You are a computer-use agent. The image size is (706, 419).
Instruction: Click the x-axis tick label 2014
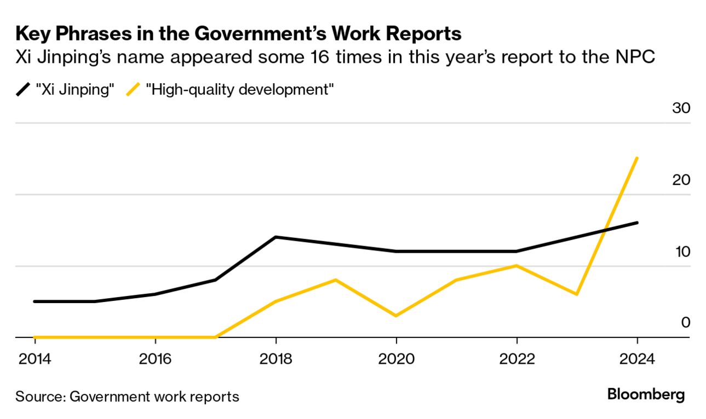click(x=35, y=359)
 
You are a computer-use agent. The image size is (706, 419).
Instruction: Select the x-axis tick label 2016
click(x=156, y=359)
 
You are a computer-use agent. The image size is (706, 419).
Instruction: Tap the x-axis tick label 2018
click(x=276, y=359)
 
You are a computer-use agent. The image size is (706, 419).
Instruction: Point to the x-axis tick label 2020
click(x=397, y=359)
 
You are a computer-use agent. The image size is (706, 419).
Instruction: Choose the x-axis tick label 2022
click(x=517, y=359)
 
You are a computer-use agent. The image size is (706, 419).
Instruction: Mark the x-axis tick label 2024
click(x=638, y=359)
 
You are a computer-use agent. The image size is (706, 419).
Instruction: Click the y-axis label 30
click(x=681, y=108)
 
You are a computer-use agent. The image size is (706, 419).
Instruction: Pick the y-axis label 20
click(x=681, y=180)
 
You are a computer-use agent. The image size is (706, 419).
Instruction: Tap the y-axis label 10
click(x=681, y=252)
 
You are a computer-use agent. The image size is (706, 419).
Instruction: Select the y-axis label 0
click(x=685, y=323)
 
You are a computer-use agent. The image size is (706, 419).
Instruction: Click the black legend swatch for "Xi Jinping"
click(x=23, y=90)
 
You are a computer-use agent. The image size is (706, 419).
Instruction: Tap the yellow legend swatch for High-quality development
click(x=134, y=90)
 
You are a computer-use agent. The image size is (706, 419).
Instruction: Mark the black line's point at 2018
click(x=276, y=237)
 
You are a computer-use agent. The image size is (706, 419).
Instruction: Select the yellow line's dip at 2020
click(x=397, y=316)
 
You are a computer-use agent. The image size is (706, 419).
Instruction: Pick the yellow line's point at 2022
click(x=517, y=265)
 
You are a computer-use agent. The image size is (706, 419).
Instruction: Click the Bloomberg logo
click(x=646, y=395)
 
